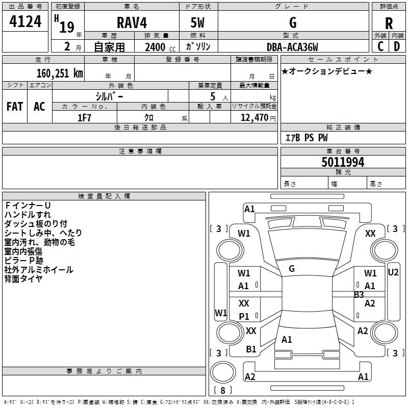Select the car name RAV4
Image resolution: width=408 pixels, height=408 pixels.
[x=131, y=23]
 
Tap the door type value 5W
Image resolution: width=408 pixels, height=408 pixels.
[x=198, y=23]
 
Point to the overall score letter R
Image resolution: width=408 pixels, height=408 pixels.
[x=389, y=23]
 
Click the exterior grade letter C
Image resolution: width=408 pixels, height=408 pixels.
[x=380, y=46]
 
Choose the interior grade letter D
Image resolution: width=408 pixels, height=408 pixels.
[x=397, y=46]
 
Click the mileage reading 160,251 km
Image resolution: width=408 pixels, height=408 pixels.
[x=59, y=73]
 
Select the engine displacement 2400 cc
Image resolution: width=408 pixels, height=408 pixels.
[x=155, y=47]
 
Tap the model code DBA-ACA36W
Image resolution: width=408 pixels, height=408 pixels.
[x=292, y=47]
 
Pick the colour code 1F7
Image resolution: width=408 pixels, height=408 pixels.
[x=84, y=118]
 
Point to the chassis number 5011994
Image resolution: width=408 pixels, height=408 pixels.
[x=343, y=162]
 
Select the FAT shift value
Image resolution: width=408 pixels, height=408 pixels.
[x=14, y=107]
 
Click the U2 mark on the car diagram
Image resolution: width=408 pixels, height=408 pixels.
[x=393, y=272]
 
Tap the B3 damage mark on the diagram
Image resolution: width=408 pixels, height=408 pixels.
[x=359, y=294]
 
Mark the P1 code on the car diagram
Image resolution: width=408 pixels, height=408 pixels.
[x=244, y=316]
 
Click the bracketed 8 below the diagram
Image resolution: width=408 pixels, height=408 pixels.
[x=222, y=391]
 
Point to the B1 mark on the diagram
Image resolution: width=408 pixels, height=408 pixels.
[x=251, y=349]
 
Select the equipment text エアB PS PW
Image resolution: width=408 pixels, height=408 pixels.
[x=306, y=138]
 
